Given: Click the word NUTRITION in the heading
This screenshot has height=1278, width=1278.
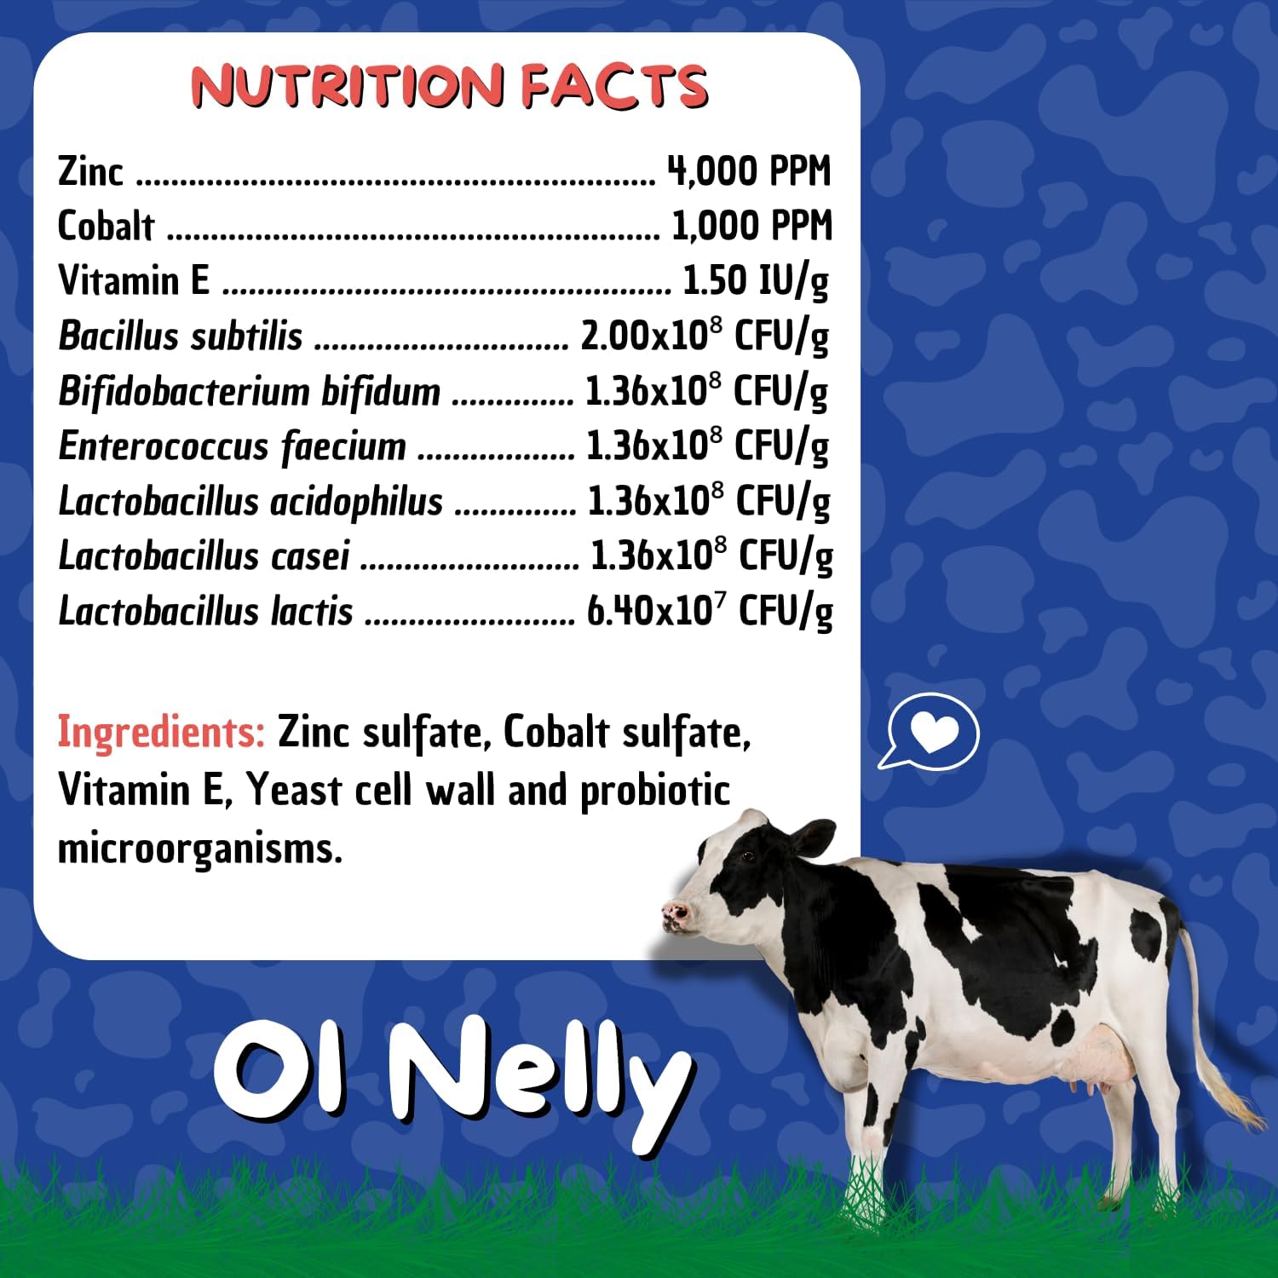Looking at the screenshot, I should [x=347, y=86].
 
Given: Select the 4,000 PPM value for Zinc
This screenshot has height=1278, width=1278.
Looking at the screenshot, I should [x=749, y=171].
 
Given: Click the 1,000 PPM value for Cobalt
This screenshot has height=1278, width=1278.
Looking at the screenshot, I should [x=751, y=226].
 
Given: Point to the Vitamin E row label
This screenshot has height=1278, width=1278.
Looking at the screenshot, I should [x=134, y=280].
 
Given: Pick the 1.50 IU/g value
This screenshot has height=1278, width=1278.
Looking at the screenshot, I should [x=755, y=281].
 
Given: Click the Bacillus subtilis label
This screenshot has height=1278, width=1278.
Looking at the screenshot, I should [x=181, y=336].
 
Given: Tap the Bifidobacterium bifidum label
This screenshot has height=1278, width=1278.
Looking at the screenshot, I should [x=250, y=391].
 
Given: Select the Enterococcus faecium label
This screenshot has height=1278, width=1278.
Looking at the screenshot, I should [x=232, y=446].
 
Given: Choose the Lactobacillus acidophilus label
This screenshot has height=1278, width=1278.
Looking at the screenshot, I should [x=250, y=501].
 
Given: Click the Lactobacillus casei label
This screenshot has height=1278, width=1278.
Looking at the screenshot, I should [x=204, y=556].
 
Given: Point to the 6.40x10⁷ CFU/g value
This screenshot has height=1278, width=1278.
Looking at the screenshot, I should [x=709, y=610].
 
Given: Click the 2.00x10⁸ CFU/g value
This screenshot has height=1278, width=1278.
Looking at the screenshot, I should [x=704, y=336].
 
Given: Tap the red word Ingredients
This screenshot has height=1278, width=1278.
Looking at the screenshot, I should [x=161, y=732].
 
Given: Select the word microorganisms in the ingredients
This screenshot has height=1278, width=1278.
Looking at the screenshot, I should [x=200, y=849].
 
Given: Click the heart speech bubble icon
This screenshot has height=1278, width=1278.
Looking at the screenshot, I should [x=931, y=731].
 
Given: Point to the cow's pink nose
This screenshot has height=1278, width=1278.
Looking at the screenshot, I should [x=676, y=915].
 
